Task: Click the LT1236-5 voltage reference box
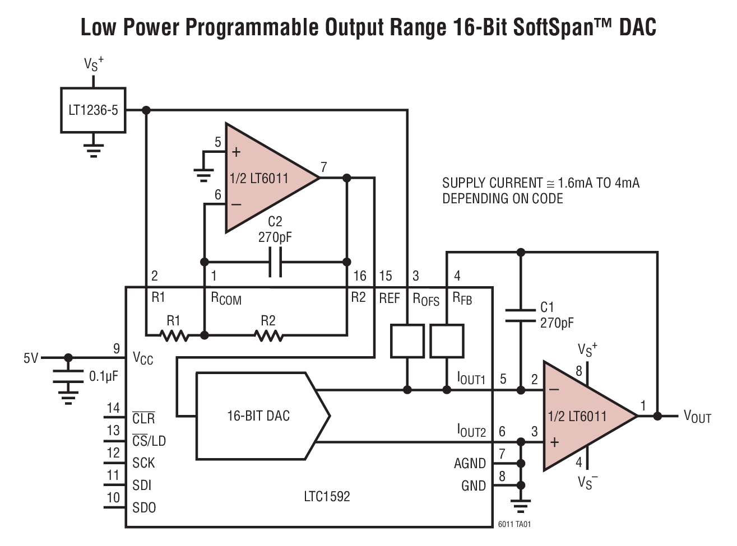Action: pos(93,110)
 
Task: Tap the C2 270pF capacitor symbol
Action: pos(275,262)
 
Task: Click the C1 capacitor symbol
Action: pos(521,315)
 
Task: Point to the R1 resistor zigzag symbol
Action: pos(174,335)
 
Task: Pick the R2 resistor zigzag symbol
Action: pos(268,335)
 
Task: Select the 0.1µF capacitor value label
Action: pos(104,376)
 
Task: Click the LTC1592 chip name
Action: pos(327,497)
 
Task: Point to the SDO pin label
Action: pos(144,508)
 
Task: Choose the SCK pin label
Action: pos(143,463)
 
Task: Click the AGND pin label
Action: pos(470,464)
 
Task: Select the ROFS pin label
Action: pos(426,299)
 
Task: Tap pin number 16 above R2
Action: pos(359,276)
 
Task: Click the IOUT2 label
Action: pos(471,431)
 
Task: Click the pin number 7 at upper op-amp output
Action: pos(323,167)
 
